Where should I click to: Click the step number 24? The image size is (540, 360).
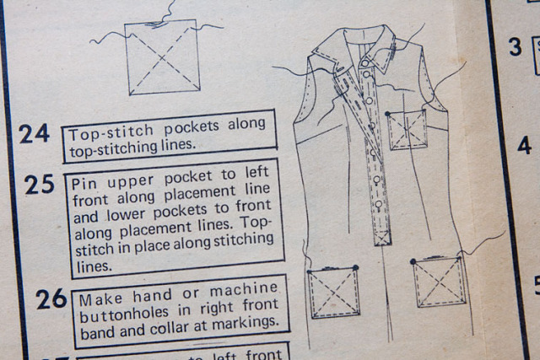coord(35,133)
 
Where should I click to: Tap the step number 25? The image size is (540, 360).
coord(39,184)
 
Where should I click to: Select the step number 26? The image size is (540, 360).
coord(51,298)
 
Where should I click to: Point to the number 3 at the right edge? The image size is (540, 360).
coord(515,47)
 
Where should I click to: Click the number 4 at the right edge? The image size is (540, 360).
coord(523,145)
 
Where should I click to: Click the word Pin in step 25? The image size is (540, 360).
coord(85,182)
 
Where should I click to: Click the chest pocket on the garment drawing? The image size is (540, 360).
coord(407,129)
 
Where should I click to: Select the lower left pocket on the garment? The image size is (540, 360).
coord(334,293)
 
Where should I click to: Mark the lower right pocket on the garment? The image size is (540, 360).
coord(440,282)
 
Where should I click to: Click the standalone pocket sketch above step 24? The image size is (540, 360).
coord(163,57)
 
